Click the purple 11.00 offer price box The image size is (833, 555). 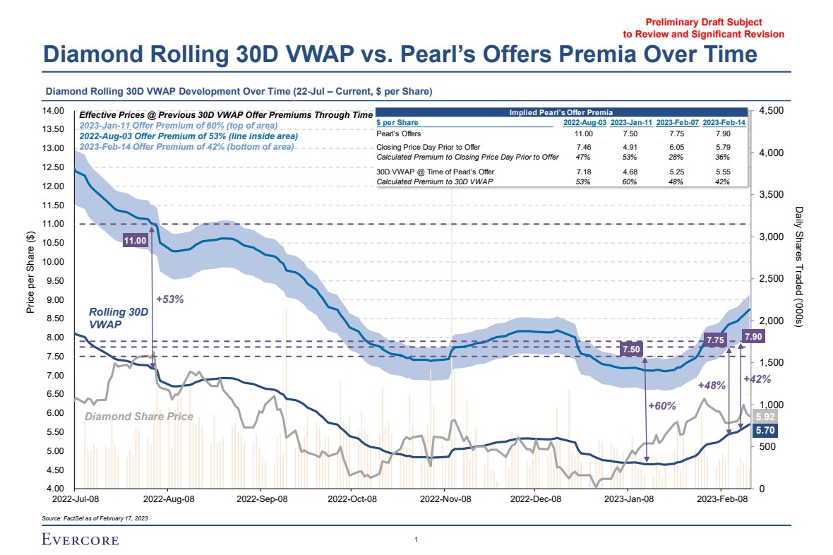coord(135,241)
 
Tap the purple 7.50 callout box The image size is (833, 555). coord(631,349)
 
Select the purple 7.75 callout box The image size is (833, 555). coord(716,340)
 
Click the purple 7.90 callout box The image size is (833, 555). coord(753,336)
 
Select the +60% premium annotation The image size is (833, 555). coord(661,406)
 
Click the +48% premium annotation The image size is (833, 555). coord(712,386)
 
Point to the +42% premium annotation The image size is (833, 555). coord(757,379)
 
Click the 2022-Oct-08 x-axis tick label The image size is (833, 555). coord(352,499)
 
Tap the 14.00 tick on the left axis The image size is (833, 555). coord(54,111)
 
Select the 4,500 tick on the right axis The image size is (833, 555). coord(772,111)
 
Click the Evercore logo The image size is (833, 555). coord(80,540)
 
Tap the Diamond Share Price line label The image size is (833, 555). coord(138,417)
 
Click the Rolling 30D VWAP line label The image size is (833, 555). coord(119,318)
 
